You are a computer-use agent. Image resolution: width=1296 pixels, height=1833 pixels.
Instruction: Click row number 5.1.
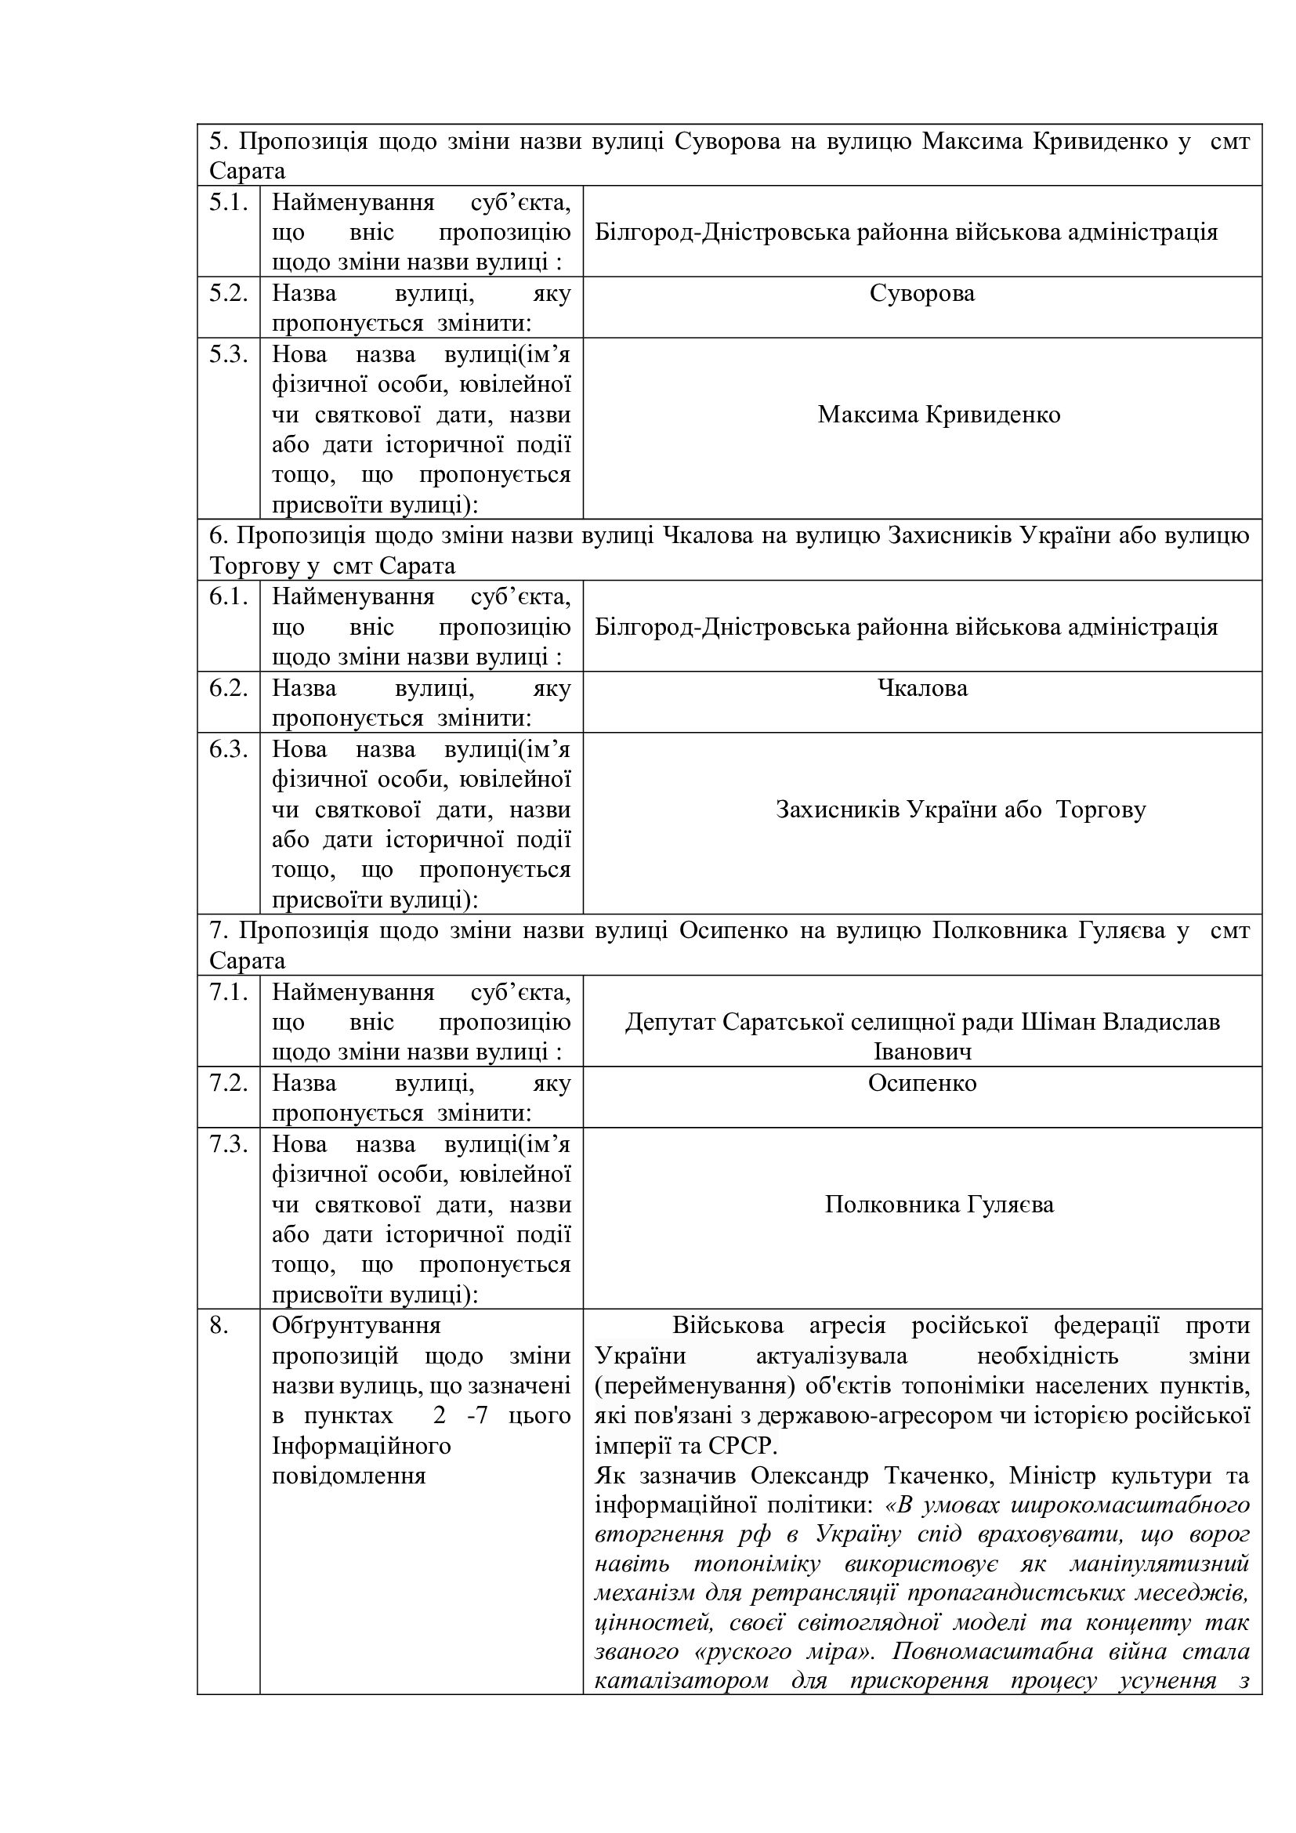[x=228, y=203]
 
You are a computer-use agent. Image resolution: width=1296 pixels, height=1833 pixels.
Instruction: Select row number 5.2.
[x=228, y=294]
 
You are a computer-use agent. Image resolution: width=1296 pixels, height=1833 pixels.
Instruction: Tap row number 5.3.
[x=228, y=354]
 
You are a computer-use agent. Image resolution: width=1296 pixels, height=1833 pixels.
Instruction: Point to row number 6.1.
[x=228, y=597]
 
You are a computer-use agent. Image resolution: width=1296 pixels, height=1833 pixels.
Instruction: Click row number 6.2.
[x=228, y=688]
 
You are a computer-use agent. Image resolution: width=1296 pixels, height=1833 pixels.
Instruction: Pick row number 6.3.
[x=228, y=750]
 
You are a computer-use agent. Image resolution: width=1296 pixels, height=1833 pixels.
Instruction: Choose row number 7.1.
[x=228, y=992]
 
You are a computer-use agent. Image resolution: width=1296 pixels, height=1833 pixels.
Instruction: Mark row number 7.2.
[x=228, y=1083]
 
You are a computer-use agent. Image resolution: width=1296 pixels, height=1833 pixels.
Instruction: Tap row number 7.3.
[x=228, y=1144]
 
